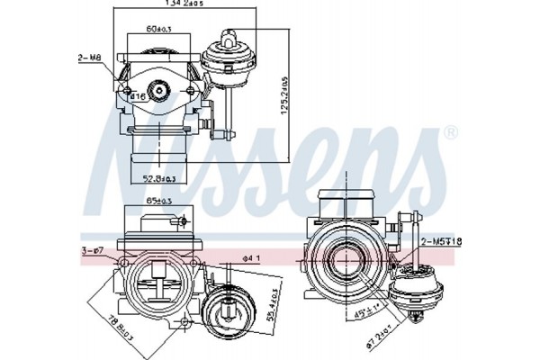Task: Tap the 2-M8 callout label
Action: click(90, 58)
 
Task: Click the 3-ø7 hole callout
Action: click(94, 251)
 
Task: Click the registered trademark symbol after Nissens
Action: click(450, 133)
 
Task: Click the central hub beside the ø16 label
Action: click(159, 90)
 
